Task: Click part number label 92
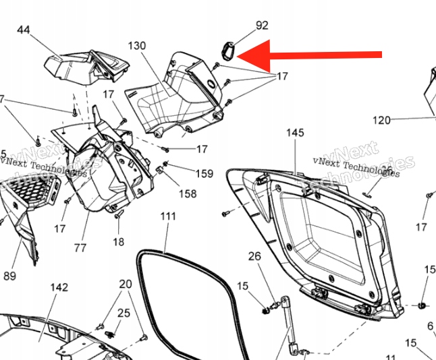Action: pos(262,26)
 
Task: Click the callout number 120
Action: pos(382,120)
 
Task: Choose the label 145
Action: pos(295,133)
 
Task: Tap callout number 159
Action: pos(204,173)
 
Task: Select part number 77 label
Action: pos(80,247)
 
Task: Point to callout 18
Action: pos(118,242)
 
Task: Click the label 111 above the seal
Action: pos(168,216)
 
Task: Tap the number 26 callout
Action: pos(254,256)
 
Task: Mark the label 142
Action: pos(59,287)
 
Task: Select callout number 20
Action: pos(126,284)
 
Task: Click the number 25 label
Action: pos(124,312)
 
